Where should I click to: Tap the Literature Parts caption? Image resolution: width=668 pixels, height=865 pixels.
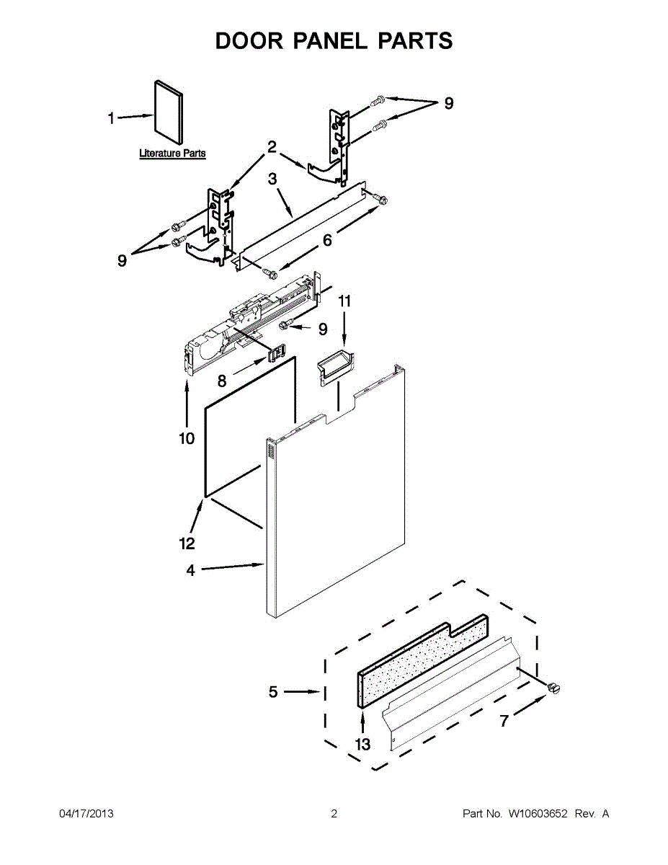click(x=172, y=154)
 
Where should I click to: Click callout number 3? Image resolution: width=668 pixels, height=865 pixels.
click(x=273, y=178)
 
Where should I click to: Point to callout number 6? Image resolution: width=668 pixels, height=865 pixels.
click(x=327, y=240)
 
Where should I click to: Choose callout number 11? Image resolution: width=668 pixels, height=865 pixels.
click(x=344, y=301)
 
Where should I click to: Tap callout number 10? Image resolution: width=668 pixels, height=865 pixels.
click(x=187, y=438)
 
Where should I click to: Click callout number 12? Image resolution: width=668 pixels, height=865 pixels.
click(x=186, y=543)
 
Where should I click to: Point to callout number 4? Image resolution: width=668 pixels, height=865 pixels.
click(x=190, y=570)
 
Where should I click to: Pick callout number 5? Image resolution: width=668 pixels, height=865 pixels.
click(x=273, y=692)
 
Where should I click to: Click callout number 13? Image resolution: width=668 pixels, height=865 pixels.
click(x=362, y=745)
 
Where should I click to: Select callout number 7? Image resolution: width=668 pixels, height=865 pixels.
click(x=504, y=720)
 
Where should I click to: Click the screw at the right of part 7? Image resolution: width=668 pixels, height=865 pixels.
click(x=553, y=688)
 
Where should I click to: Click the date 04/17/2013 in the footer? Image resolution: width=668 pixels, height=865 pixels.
click(x=86, y=814)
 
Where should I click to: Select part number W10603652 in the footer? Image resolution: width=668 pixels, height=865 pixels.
click(x=538, y=814)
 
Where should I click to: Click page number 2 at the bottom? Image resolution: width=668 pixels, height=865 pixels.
click(x=334, y=814)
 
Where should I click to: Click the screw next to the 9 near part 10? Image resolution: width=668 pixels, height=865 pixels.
click(x=287, y=326)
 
